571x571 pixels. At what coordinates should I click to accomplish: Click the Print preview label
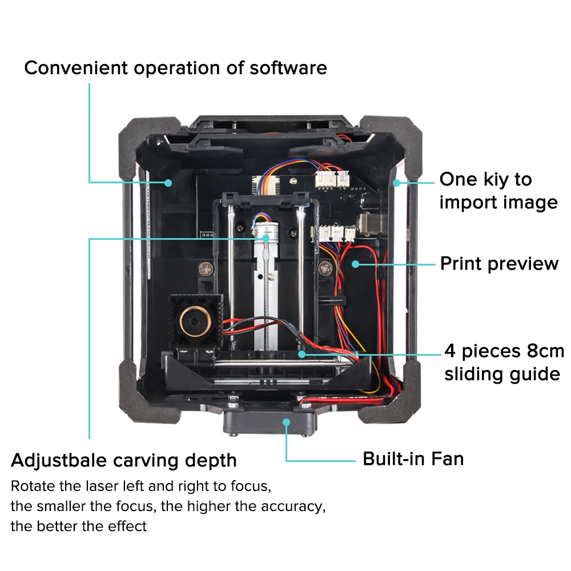pos(499,264)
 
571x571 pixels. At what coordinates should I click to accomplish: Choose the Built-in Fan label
pos(413,459)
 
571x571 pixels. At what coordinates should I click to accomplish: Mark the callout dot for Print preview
pos(355,264)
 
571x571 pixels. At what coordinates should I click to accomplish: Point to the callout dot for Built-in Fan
pos(286,422)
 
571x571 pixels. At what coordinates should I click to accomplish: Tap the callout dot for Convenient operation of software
pos(168,182)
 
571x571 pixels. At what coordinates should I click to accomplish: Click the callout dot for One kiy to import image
pos(396,183)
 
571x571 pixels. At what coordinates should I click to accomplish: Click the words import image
pos(498,202)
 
